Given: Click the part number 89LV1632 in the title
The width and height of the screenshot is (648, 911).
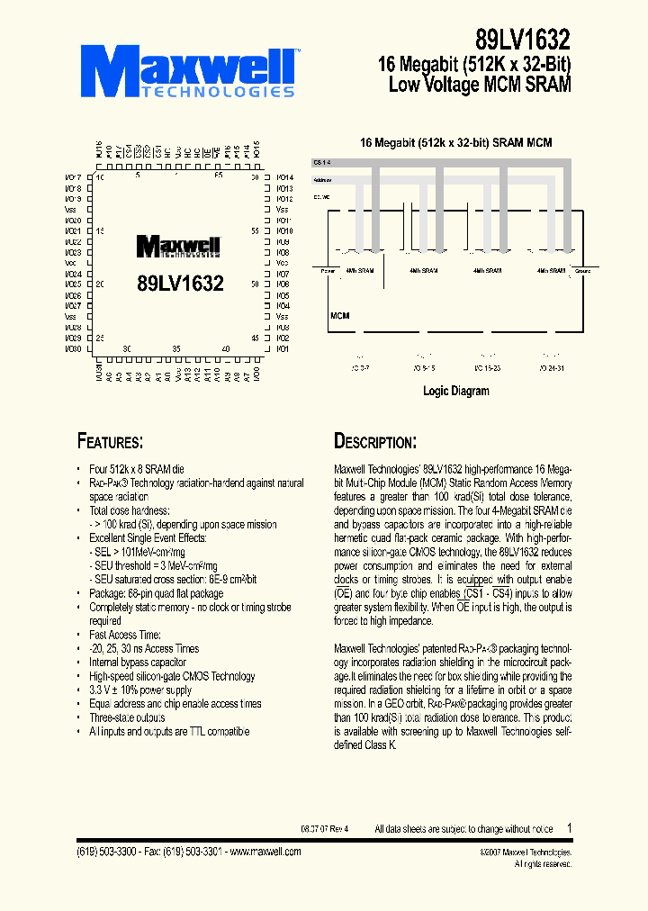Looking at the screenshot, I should coord(523,40).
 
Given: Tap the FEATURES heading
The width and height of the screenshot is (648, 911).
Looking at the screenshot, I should coord(109,441).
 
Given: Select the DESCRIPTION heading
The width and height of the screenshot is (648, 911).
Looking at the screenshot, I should coord(374,441).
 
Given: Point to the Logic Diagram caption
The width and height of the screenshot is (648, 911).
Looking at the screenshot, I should coord(456,392).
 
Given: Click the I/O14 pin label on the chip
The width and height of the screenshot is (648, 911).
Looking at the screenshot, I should coord(283,177).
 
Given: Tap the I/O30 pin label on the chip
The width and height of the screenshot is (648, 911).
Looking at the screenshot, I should coord(74,348).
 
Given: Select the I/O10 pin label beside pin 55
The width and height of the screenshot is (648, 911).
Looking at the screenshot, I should coord(283,231).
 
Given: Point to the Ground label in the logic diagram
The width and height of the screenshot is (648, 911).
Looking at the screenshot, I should coord(583,270).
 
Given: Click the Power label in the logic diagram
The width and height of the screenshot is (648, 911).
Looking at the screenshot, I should coord(328,270).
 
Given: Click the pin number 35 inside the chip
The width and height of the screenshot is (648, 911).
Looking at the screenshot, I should coord(176,348).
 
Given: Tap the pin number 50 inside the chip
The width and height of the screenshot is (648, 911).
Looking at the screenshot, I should coord(256,284).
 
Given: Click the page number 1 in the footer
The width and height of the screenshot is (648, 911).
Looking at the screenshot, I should coord(569,827).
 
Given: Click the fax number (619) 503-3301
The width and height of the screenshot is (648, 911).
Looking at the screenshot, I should coord(183,851).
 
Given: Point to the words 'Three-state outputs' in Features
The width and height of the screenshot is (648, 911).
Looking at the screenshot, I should coord(127,717).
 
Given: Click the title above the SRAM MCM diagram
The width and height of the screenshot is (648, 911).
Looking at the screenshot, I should coord(455,143).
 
